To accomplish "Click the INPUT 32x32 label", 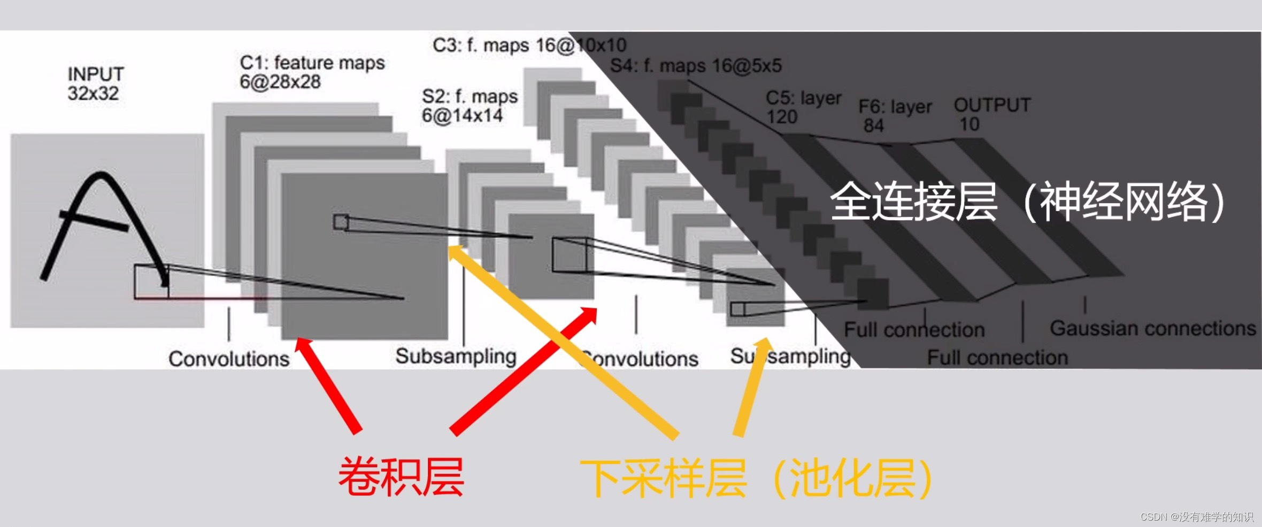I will [95, 84].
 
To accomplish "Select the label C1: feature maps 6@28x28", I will [312, 72].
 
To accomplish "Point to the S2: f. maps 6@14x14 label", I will [470, 106].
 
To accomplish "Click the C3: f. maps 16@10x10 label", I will [529, 45].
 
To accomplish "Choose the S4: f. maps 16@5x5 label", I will [696, 66].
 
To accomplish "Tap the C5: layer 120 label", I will [803, 107].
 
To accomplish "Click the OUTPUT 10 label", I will [992, 114].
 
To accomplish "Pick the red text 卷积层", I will [401, 477].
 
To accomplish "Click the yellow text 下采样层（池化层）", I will [757, 478].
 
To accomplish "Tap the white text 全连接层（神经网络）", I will [1027, 201].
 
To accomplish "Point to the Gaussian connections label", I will [1152, 328].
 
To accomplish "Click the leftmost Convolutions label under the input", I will [229, 359].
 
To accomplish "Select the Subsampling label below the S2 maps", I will [456, 356].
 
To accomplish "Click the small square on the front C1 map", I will [341, 222].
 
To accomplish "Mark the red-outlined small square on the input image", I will [151, 282].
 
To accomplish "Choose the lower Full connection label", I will [997, 357].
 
